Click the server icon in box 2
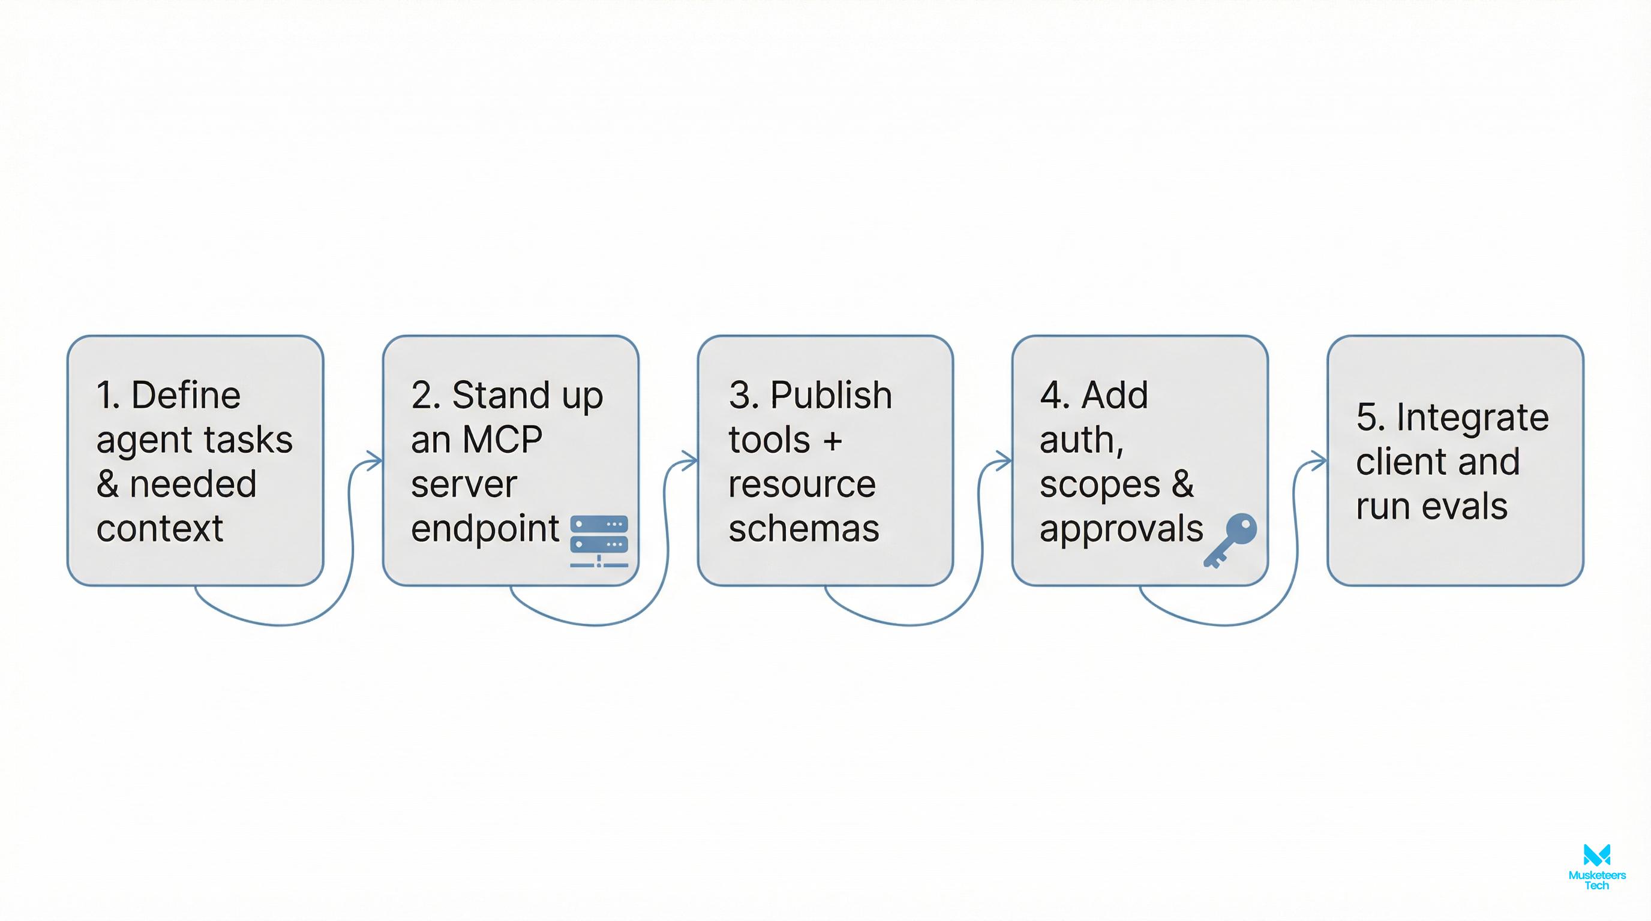coord(599,541)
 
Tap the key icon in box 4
coord(1230,540)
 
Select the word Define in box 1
coord(186,395)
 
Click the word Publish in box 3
coord(831,395)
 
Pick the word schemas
coord(804,529)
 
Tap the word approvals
coord(1121,529)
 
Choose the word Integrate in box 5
coord(1472,417)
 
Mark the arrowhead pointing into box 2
coord(376,460)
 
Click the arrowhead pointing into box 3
coord(691,460)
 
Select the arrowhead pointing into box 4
coord(1004,460)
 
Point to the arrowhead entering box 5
coord(1320,460)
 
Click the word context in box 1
coord(160,529)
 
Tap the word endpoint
coord(485,529)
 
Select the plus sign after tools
coord(833,441)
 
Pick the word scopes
coord(1099,484)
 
